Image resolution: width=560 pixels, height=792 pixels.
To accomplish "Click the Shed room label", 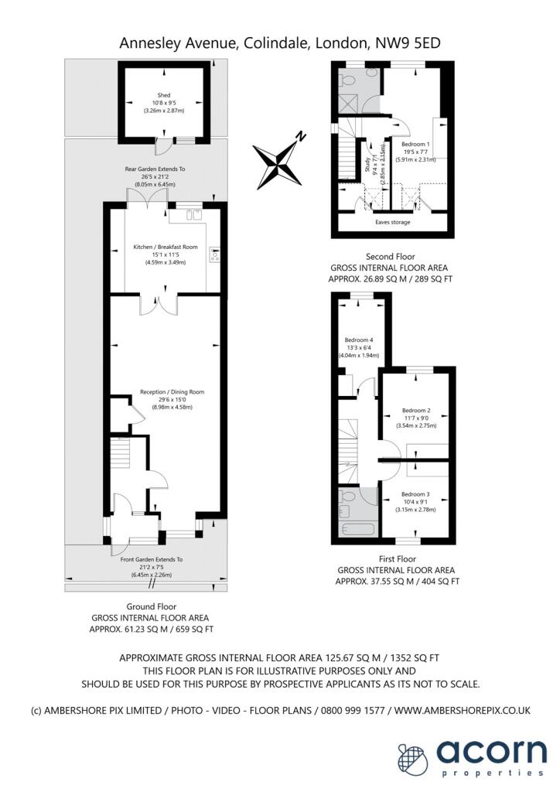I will (164, 96).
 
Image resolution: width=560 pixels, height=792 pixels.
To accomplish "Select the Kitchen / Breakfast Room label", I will (166, 247).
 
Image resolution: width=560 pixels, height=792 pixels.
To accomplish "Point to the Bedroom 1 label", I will (415, 144).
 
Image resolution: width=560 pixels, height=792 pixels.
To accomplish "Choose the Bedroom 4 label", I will (358, 340).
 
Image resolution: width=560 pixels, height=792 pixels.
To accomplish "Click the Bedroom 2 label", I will (416, 410).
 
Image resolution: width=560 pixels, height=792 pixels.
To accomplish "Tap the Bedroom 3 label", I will (416, 493).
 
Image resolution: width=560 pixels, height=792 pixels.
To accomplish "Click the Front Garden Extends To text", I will (152, 558).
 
